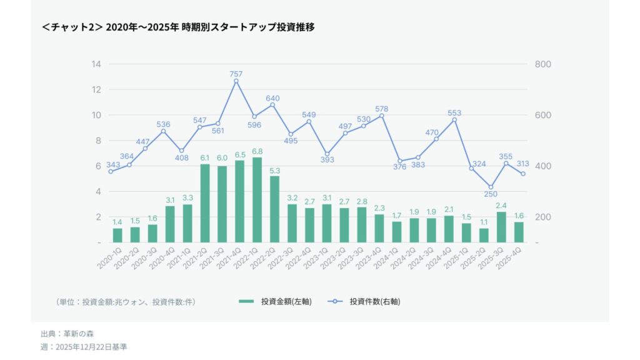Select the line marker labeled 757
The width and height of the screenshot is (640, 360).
(x=236, y=81)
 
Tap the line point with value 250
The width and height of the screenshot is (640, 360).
(x=491, y=187)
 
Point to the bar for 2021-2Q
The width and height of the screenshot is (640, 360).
(x=205, y=203)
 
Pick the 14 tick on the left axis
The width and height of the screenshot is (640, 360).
(x=96, y=64)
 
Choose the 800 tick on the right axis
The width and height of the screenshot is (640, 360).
(x=542, y=64)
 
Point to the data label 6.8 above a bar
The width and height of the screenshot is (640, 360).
(x=257, y=151)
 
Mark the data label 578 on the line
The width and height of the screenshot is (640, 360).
(x=381, y=109)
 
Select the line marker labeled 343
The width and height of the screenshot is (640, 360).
(x=111, y=171)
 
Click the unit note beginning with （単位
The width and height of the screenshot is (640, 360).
(x=126, y=302)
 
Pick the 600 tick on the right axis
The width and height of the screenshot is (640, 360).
(x=542, y=116)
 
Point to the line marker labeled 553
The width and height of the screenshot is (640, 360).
(x=454, y=120)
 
